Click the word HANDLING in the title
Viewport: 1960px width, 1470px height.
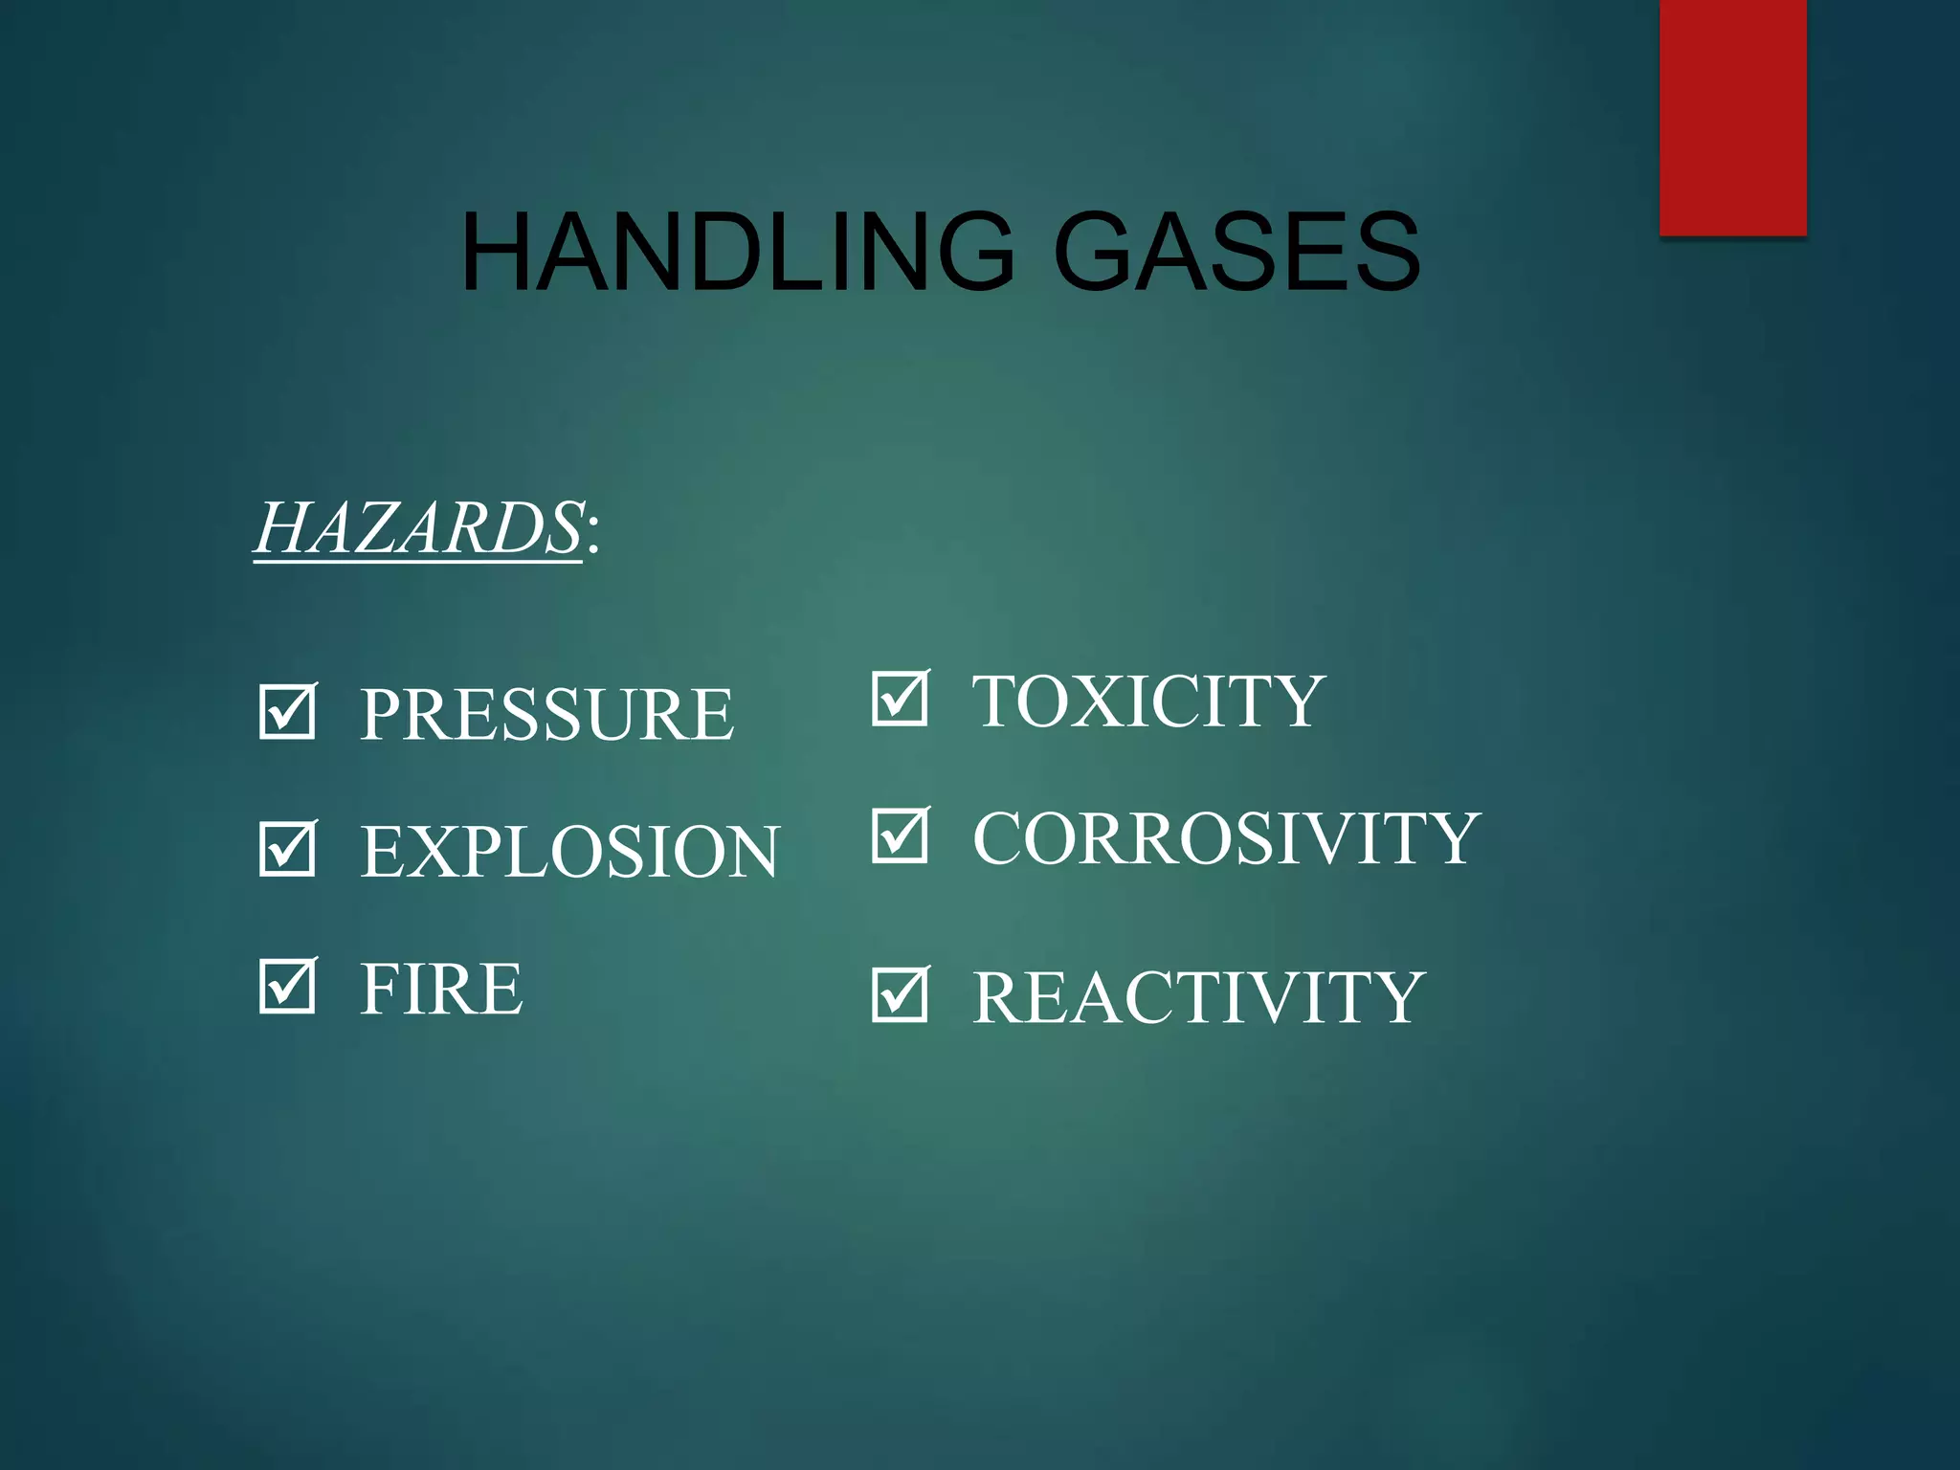[737, 252]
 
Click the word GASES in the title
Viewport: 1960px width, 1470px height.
[1236, 252]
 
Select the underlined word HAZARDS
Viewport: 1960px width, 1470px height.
[418, 527]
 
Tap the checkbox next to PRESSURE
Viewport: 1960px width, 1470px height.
[287, 711]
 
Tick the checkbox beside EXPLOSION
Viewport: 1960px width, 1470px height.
[287, 849]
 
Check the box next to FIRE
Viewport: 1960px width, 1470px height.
[287, 986]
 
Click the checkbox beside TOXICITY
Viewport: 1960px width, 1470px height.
[901, 698]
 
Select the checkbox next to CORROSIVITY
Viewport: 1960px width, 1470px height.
[901, 835]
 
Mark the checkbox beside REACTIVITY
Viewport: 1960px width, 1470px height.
[901, 994]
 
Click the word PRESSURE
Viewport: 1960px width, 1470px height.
[546, 714]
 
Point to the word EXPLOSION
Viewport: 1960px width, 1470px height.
[570, 852]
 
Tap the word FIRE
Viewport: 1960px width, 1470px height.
[441, 989]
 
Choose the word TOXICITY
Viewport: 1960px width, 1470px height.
[1148, 701]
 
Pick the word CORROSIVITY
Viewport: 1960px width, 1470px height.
[1227, 838]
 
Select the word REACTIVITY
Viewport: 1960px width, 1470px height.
[1199, 997]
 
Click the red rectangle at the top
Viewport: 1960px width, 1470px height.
[1732, 117]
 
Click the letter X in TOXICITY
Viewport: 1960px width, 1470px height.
[1109, 701]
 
